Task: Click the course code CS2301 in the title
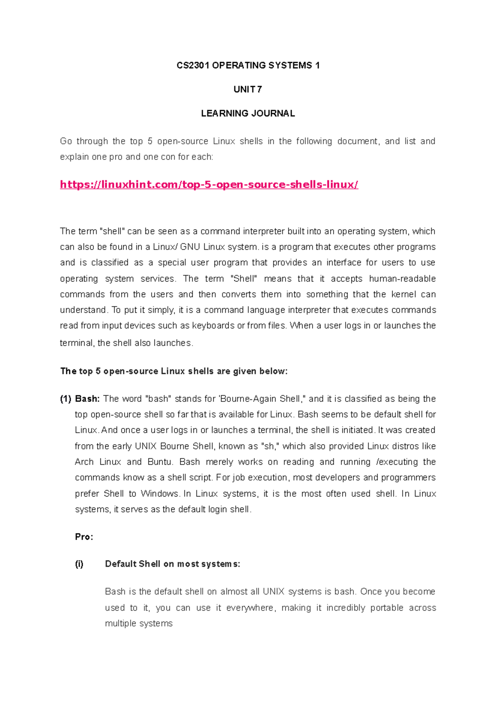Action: (193, 65)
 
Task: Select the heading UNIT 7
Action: (248, 89)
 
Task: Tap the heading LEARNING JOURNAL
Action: (248, 113)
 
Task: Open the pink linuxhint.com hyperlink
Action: (209, 184)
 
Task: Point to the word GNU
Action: (191, 247)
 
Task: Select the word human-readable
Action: (402, 279)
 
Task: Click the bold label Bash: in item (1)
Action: (87, 399)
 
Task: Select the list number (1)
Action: (66, 399)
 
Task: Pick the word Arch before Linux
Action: (84, 462)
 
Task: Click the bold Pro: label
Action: (84, 537)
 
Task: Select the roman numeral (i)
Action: (79, 564)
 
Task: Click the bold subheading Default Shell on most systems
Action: (172, 564)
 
